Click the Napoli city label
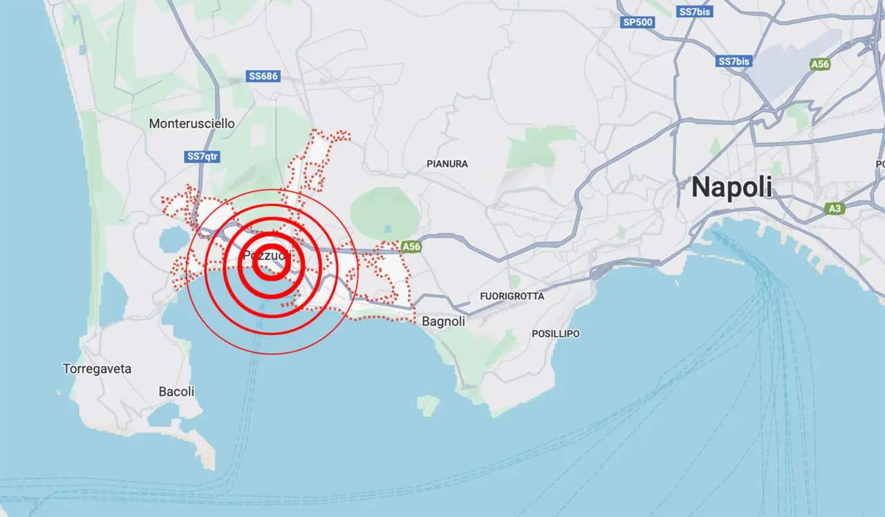732,187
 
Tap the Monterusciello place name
192,124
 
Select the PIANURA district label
447,164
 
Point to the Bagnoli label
443,321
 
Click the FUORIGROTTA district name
512,297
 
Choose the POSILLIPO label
556,334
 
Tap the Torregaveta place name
97,368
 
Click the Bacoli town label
176,391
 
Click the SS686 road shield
263,76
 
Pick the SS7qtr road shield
203,157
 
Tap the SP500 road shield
637,22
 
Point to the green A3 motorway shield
835,208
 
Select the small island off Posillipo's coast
428,405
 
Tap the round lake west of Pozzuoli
171,240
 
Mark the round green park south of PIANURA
385,211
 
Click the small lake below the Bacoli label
165,415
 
